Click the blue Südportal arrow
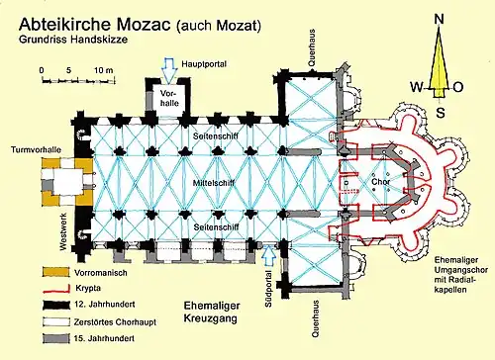coord(269,256)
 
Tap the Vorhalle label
coord(169,98)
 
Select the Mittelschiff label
coord(214,183)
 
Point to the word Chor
coord(381,182)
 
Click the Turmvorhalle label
coord(36,149)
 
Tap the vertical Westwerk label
coord(63,231)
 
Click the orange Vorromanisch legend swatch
coord(56,272)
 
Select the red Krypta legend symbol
coord(56,290)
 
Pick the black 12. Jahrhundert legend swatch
coord(56,305)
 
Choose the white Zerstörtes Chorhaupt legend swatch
coord(56,321)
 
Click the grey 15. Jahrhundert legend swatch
coord(56,338)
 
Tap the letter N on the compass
coord(439,19)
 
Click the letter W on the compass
coord(417,87)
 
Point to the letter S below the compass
coord(441,113)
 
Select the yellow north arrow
coord(439,62)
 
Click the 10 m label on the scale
coord(103,70)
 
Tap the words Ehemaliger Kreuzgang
coord(212,312)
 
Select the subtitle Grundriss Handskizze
coord(73,40)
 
